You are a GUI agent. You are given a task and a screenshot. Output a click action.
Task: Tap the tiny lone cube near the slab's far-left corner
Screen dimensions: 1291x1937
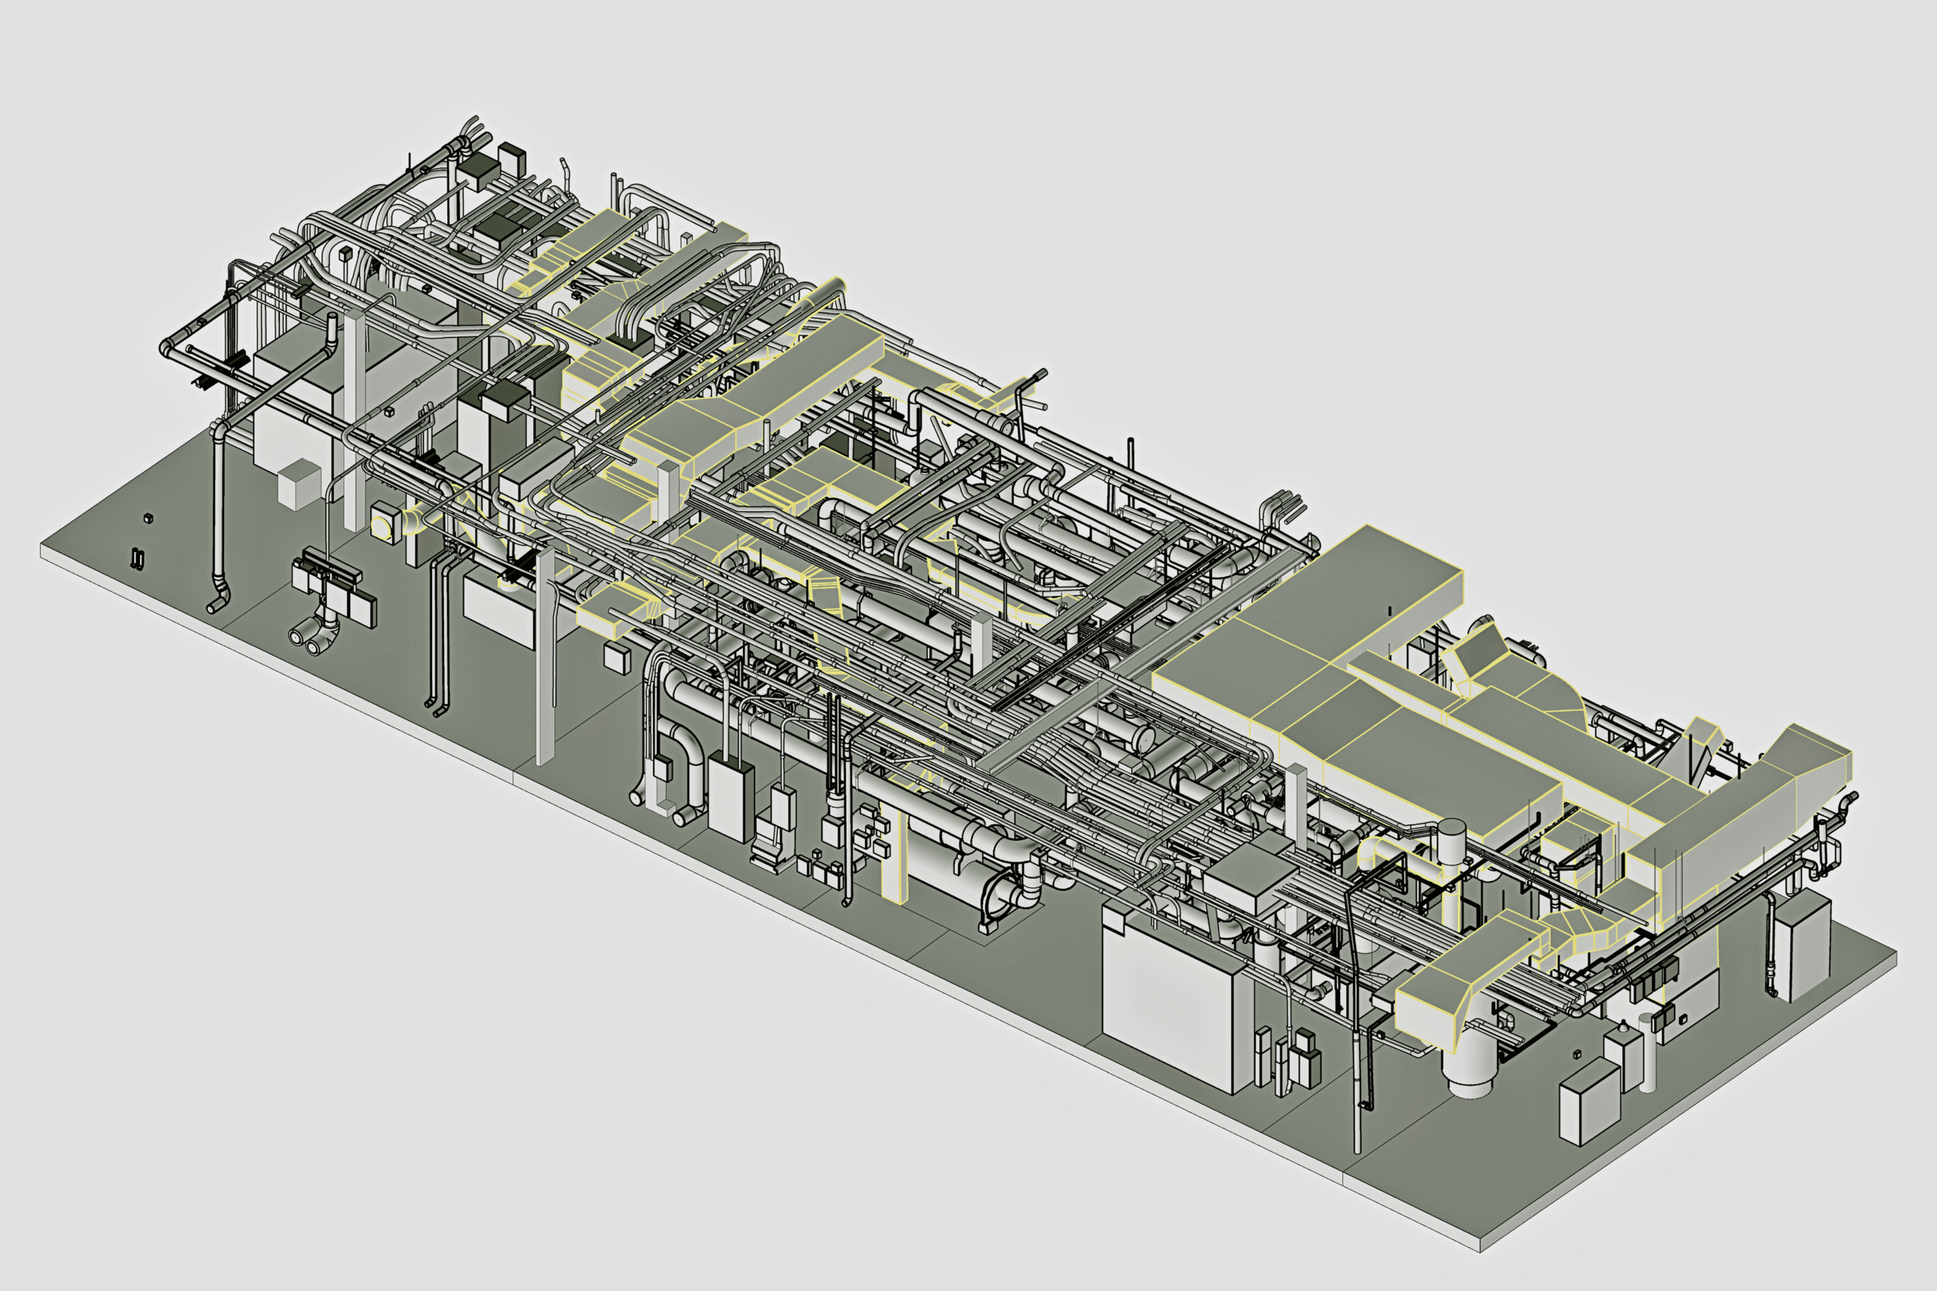pyautogui.click(x=148, y=518)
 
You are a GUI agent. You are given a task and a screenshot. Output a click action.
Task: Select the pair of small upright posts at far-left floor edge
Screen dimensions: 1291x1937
pyautogui.click(x=137, y=557)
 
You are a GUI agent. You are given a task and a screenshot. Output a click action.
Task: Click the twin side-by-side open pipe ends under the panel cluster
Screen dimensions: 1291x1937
pyautogui.click(x=306, y=641)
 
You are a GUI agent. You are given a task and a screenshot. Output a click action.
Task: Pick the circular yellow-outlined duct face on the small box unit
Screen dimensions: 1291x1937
pyautogui.click(x=382, y=523)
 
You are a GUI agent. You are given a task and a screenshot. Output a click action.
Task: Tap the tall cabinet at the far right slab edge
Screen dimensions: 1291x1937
pyautogui.click(x=1803, y=948)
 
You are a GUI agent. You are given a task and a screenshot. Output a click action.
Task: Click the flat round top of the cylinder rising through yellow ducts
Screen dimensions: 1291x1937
pyautogui.click(x=1451, y=826)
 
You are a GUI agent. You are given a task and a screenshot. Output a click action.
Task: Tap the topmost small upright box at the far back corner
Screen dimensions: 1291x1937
pyautogui.click(x=512, y=158)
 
